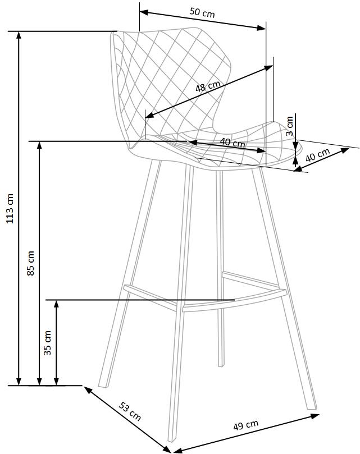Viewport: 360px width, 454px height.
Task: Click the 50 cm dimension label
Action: coord(202,12)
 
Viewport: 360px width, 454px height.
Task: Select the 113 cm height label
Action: coord(10,208)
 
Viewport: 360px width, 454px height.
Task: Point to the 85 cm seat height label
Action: coord(31,263)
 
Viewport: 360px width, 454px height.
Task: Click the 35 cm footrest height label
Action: coord(48,343)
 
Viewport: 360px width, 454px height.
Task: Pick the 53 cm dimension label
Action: coord(130,411)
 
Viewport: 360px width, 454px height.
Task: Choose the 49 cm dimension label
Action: coord(245,425)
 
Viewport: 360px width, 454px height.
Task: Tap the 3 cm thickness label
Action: coord(290,126)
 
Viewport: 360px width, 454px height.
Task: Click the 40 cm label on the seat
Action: coord(232,143)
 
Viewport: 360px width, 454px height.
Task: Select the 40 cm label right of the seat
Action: coord(318,155)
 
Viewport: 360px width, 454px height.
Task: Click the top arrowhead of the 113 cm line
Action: coord(19,35)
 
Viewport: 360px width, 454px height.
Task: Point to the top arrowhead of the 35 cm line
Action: coord(57,305)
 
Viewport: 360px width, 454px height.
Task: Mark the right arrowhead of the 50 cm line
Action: coord(262,27)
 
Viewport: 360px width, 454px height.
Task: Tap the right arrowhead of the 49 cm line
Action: coord(315,416)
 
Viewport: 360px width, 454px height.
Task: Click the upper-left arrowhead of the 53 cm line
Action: coord(88,389)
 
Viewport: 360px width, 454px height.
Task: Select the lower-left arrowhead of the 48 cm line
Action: coord(149,115)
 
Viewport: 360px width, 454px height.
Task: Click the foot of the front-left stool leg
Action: coord(172,439)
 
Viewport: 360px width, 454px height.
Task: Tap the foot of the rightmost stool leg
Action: coord(312,407)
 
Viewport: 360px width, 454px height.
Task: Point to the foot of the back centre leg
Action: coord(221,365)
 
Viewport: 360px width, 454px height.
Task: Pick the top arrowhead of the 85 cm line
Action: coord(39,146)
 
